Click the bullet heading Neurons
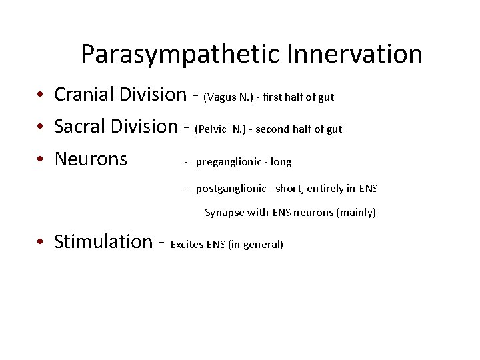click(91, 159)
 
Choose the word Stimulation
click(103, 241)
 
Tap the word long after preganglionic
click(281, 162)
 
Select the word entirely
click(323, 189)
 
